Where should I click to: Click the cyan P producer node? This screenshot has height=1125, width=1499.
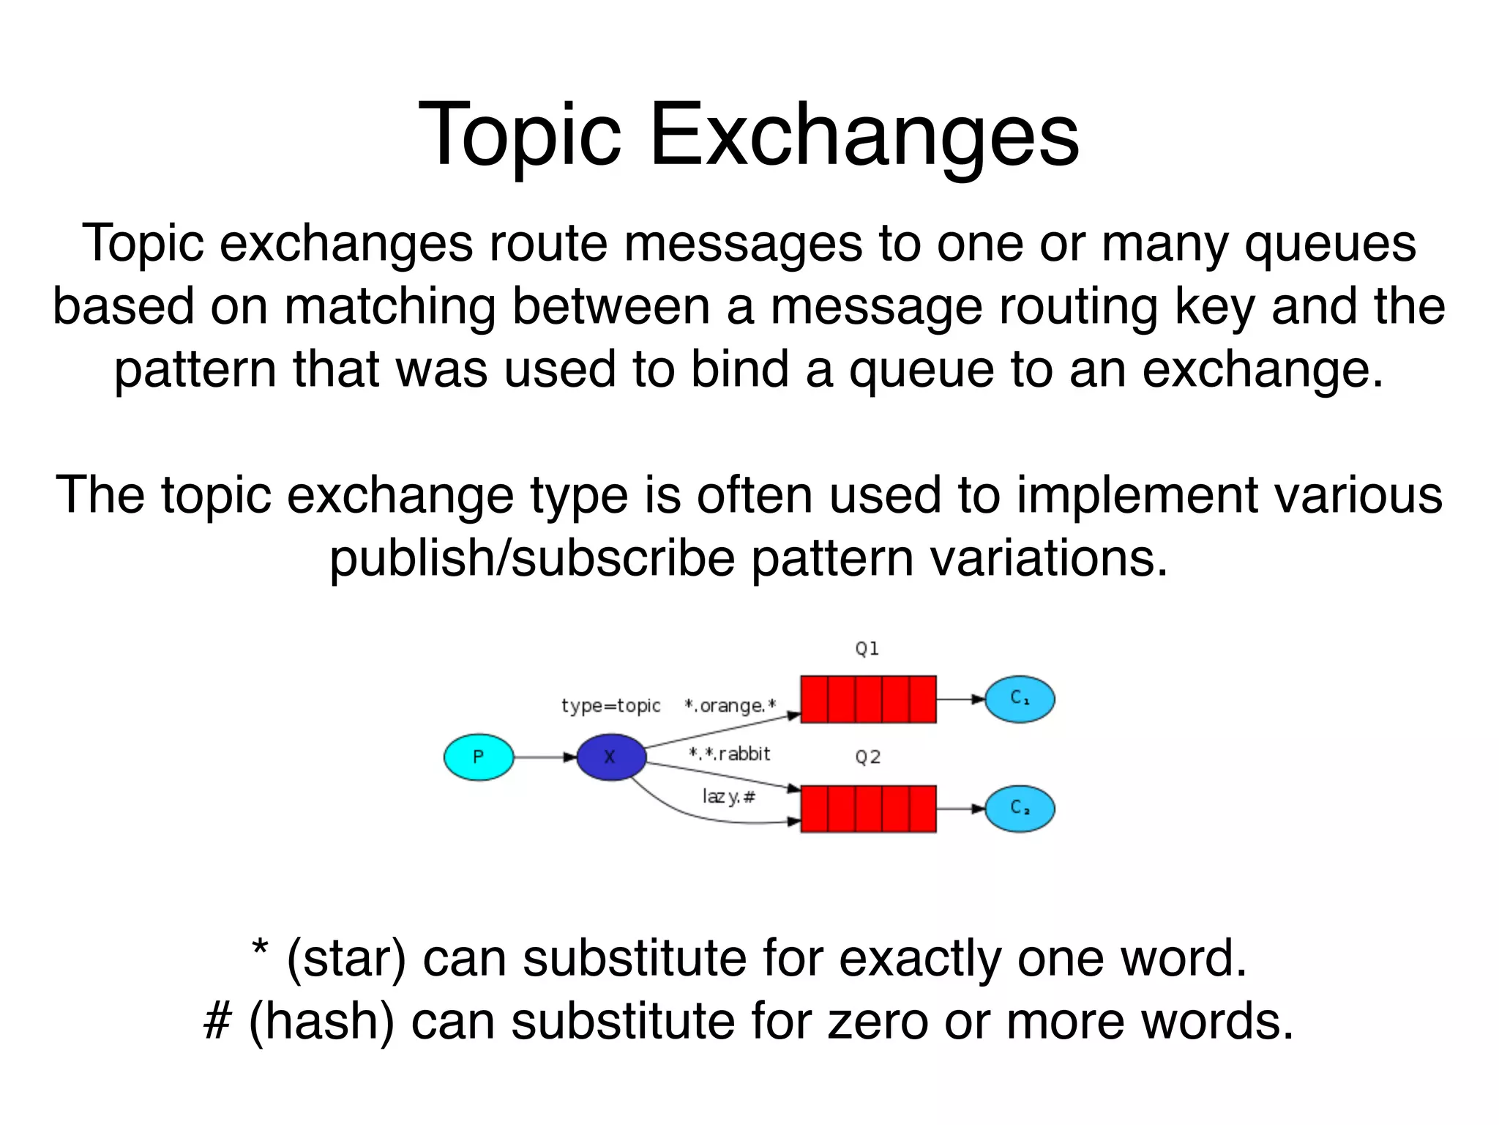point(479,757)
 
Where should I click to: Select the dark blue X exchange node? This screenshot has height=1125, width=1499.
point(611,757)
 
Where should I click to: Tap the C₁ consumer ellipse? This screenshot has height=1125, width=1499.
point(1020,699)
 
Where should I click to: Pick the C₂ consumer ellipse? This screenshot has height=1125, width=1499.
point(1020,809)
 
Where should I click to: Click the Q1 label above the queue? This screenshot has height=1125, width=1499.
point(867,649)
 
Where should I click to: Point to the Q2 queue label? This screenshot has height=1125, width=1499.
point(868,757)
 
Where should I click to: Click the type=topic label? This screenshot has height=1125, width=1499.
point(610,706)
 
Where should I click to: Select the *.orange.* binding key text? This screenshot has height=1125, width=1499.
point(730,706)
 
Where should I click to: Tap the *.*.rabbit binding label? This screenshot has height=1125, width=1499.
point(730,754)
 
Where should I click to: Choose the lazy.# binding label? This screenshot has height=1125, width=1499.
point(728,796)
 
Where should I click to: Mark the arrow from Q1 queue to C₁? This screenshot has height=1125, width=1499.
point(960,699)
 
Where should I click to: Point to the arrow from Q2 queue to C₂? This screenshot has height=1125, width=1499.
point(960,809)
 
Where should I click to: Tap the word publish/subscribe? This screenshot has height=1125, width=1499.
point(532,559)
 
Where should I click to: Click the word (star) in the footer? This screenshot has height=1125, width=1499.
point(346,959)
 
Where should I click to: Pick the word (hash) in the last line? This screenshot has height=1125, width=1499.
point(321,1022)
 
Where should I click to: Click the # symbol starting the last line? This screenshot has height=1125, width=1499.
point(217,1022)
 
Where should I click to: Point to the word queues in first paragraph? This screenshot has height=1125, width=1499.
point(1330,244)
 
